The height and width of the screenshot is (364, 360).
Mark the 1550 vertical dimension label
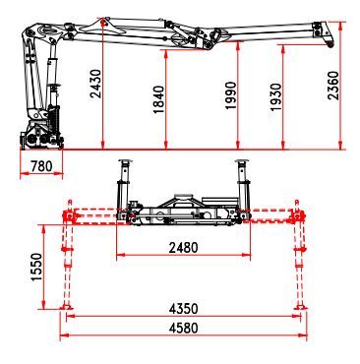(x=37, y=266)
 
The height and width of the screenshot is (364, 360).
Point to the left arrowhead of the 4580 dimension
(x=64, y=334)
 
